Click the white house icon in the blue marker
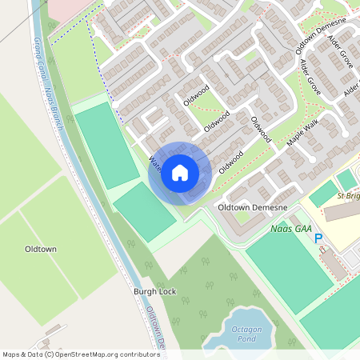(x=180, y=173)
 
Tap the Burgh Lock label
(x=152, y=293)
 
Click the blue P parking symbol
(x=318, y=238)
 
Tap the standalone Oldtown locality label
(x=41, y=250)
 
